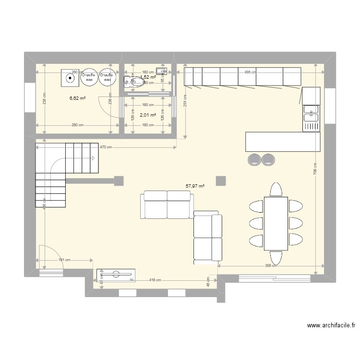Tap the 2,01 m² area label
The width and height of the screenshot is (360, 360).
coord(148,115)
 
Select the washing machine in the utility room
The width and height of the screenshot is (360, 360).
coord(70,77)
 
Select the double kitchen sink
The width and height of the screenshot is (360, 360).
coord(311,116)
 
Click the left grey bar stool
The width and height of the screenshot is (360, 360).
coord(254,159)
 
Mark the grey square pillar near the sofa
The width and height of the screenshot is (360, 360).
coord(221,180)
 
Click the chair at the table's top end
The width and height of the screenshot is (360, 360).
coord(276,190)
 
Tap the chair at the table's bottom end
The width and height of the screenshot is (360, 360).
coord(276,258)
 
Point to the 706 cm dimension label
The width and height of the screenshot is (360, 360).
coord(315,171)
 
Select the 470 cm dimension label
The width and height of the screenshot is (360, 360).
coord(106,147)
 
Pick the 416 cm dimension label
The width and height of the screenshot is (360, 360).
coord(155,279)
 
